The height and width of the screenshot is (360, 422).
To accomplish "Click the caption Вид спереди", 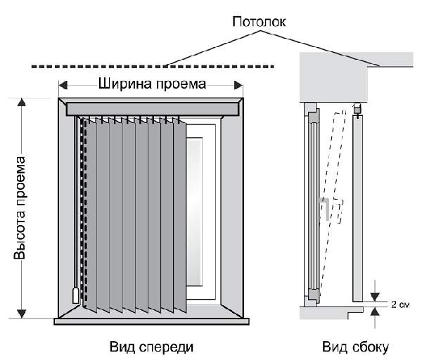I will point(151,347).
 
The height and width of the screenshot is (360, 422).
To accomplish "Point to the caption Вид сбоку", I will point(355,347).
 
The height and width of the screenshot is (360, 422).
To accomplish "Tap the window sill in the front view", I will point(151,321).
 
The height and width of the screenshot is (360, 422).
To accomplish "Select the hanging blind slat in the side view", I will point(357,204).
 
